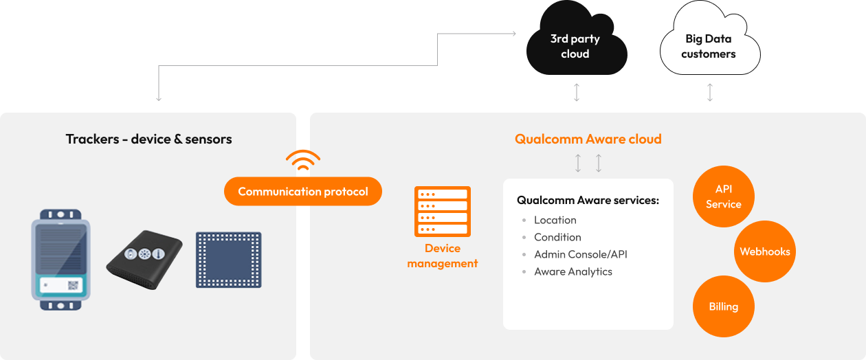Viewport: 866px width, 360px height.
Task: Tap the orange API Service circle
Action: pyautogui.click(x=723, y=196)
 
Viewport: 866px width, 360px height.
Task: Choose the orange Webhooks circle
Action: pyautogui.click(x=765, y=251)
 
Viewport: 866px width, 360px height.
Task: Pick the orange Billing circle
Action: pyautogui.click(x=723, y=306)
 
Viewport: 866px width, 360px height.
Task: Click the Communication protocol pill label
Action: pyautogui.click(x=303, y=192)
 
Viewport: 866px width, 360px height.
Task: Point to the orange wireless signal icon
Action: pyautogui.click(x=303, y=160)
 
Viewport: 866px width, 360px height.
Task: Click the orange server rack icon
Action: pyautogui.click(x=443, y=212)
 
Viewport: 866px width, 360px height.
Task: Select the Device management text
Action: pyautogui.click(x=443, y=256)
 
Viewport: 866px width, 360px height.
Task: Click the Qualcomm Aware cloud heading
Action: pyautogui.click(x=588, y=139)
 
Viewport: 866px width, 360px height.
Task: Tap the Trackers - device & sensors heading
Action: pyautogui.click(x=149, y=139)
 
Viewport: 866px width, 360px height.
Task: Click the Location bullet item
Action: pyautogui.click(x=555, y=220)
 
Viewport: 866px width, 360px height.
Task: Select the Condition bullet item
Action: pyautogui.click(x=557, y=237)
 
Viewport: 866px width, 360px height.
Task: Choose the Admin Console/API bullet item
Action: pyautogui.click(x=580, y=254)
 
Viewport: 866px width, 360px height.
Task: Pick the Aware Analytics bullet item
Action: pyautogui.click(x=573, y=271)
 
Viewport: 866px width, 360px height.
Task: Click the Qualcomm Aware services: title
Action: pyautogui.click(x=588, y=201)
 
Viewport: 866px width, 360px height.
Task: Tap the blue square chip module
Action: pyautogui.click(x=228, y=260)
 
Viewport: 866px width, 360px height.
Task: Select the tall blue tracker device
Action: pyautogui.click(x=60, y=259)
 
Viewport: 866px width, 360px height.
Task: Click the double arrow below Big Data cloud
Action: pyautogui.click(x=710, y=93)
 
